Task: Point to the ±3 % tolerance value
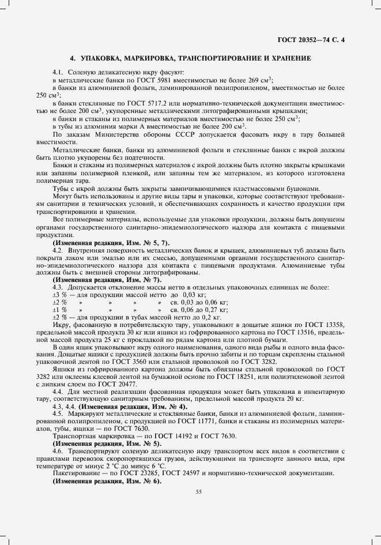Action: [x=60, y=294]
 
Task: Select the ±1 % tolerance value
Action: [x=60, y=309]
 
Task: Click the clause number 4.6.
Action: [x=58, y=451]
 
